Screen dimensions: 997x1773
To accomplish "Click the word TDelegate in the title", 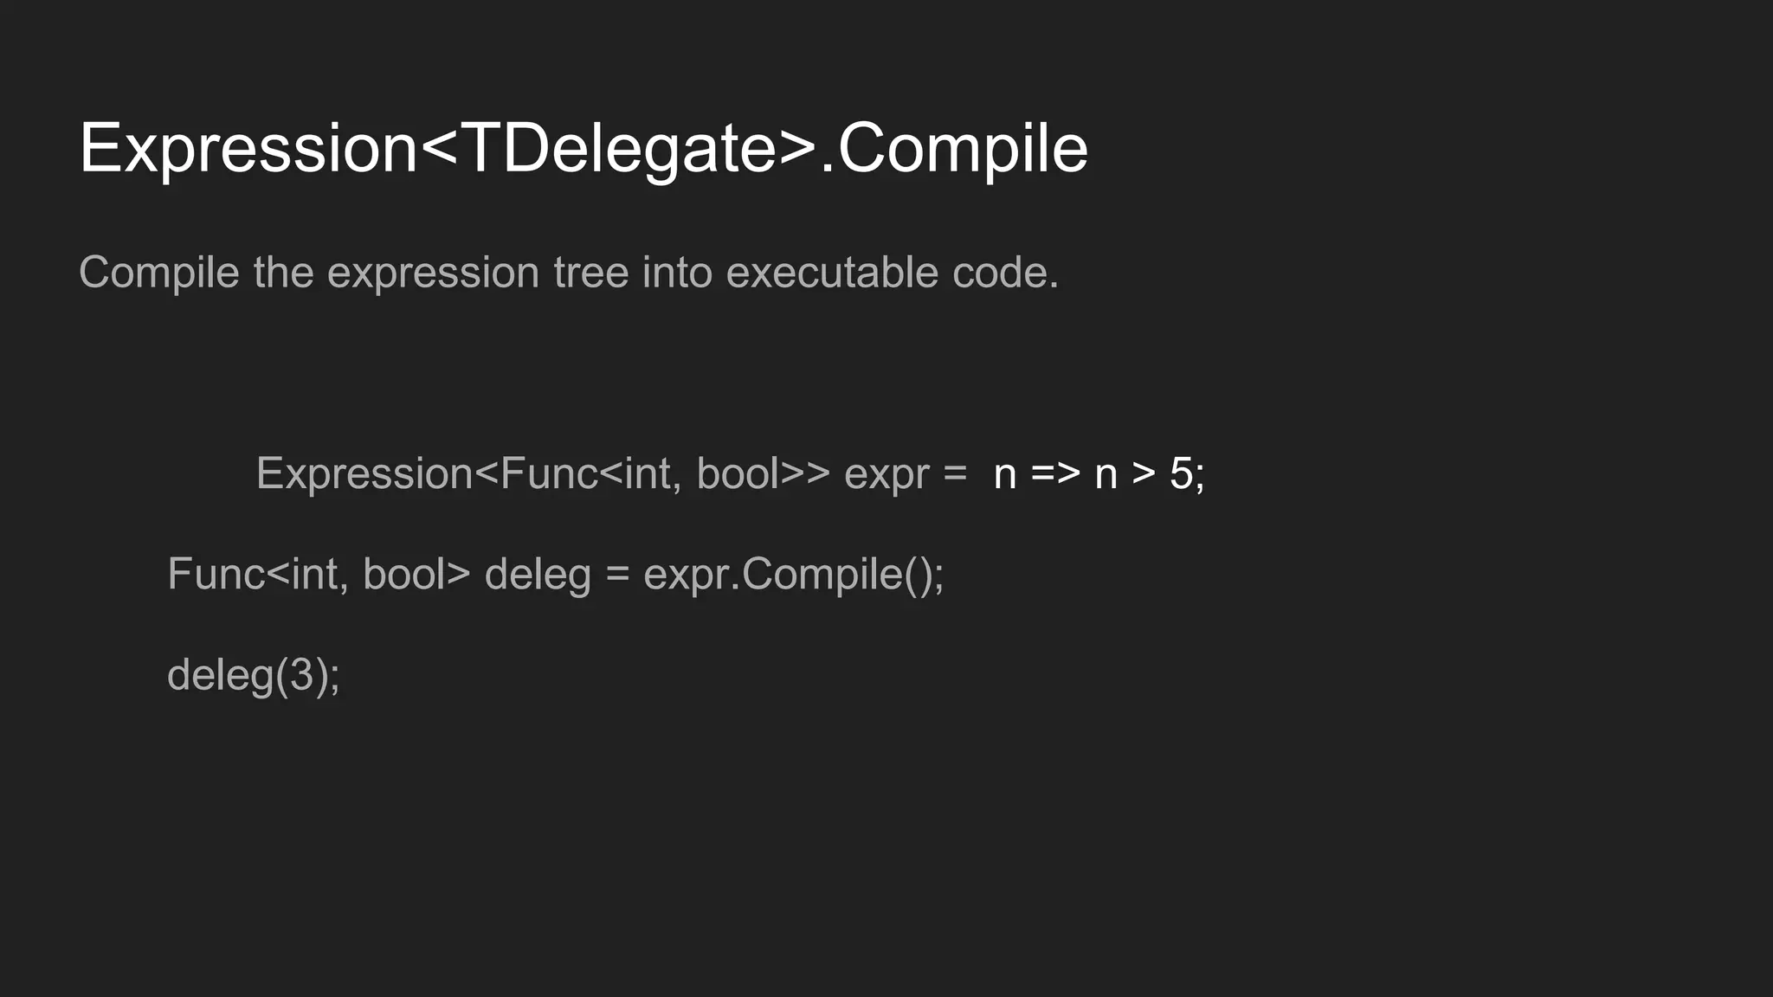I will [619, 149].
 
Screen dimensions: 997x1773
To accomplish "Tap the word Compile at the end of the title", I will [962, 149].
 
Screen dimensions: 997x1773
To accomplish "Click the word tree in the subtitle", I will [591, 273].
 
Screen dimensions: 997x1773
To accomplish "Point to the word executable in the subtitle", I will [832, 273].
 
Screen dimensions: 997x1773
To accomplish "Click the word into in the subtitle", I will [676, 273].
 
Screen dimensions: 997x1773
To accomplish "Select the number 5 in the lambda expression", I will [1181, 473].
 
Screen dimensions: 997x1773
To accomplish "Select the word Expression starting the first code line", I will [364, 473].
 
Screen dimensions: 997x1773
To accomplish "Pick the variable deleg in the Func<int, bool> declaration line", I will [537, 575].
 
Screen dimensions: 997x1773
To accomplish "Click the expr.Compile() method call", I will [792, 575].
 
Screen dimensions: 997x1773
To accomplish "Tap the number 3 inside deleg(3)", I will [301, 675].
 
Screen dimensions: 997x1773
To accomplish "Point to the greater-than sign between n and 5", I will [1144, 473].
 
